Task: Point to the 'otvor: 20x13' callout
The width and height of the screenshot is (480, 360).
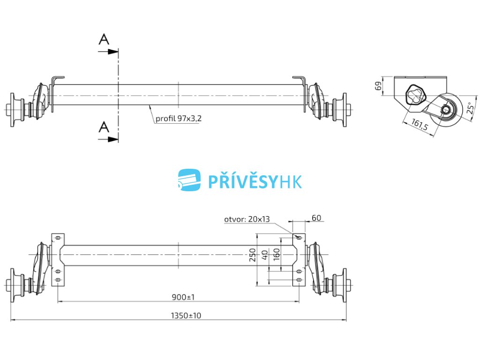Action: click(x=247, y=219)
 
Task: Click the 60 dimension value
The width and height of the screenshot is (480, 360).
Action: click(x=316, y=217)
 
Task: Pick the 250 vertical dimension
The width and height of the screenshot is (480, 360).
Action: click(x=253, y=255)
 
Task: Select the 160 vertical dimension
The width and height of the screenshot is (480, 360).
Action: click(x=277, y=255)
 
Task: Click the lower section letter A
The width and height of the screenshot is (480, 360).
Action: click(x=104, y=126)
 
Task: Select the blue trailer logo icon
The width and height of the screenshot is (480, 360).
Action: click(x=189, y=180)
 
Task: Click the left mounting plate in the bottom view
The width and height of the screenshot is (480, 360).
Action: click(x=58, y=259)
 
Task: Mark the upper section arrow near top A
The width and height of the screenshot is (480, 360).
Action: click(x=108, y=51)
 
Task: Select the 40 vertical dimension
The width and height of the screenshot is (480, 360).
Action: click(x=265, y=255)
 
